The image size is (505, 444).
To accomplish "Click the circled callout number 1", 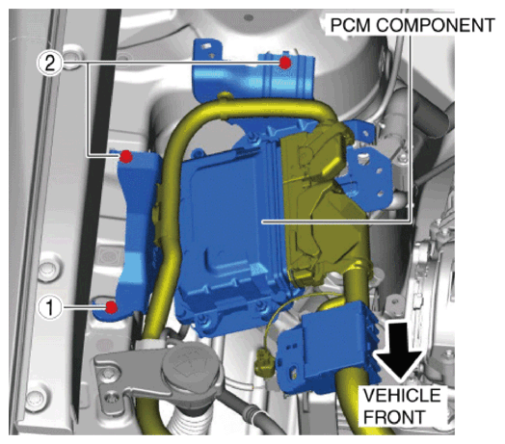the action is coord(50,307).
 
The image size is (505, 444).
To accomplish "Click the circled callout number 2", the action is coord(50,64).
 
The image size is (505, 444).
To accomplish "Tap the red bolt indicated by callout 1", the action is coord(112,307).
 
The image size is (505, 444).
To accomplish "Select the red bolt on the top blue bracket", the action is coord(284,63).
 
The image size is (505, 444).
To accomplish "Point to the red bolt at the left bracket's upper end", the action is coord(126,156).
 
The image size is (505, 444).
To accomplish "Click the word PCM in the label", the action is coord(351,25).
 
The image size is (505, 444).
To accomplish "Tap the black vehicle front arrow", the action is coord(399,351).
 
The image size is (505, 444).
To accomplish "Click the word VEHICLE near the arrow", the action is coord(402,395).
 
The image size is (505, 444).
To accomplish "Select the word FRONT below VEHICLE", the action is coord(394,417).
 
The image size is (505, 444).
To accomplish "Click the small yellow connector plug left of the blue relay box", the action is coord(265,363).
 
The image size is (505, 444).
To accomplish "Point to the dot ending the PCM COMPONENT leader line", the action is coord(263,222).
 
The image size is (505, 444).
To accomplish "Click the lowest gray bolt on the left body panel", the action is coord(37,399).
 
